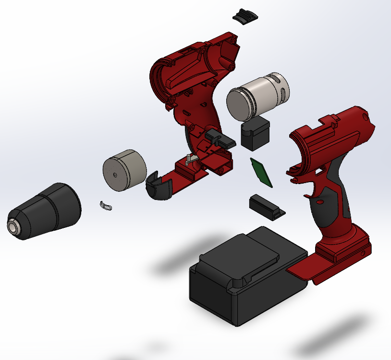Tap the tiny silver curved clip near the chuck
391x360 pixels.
click(x=106, y=206)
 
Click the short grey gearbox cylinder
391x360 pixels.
click(x=124, y=170)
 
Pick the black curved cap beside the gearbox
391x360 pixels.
click(x=159, y=186)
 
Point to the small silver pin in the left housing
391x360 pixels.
click(x=189, y=159)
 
